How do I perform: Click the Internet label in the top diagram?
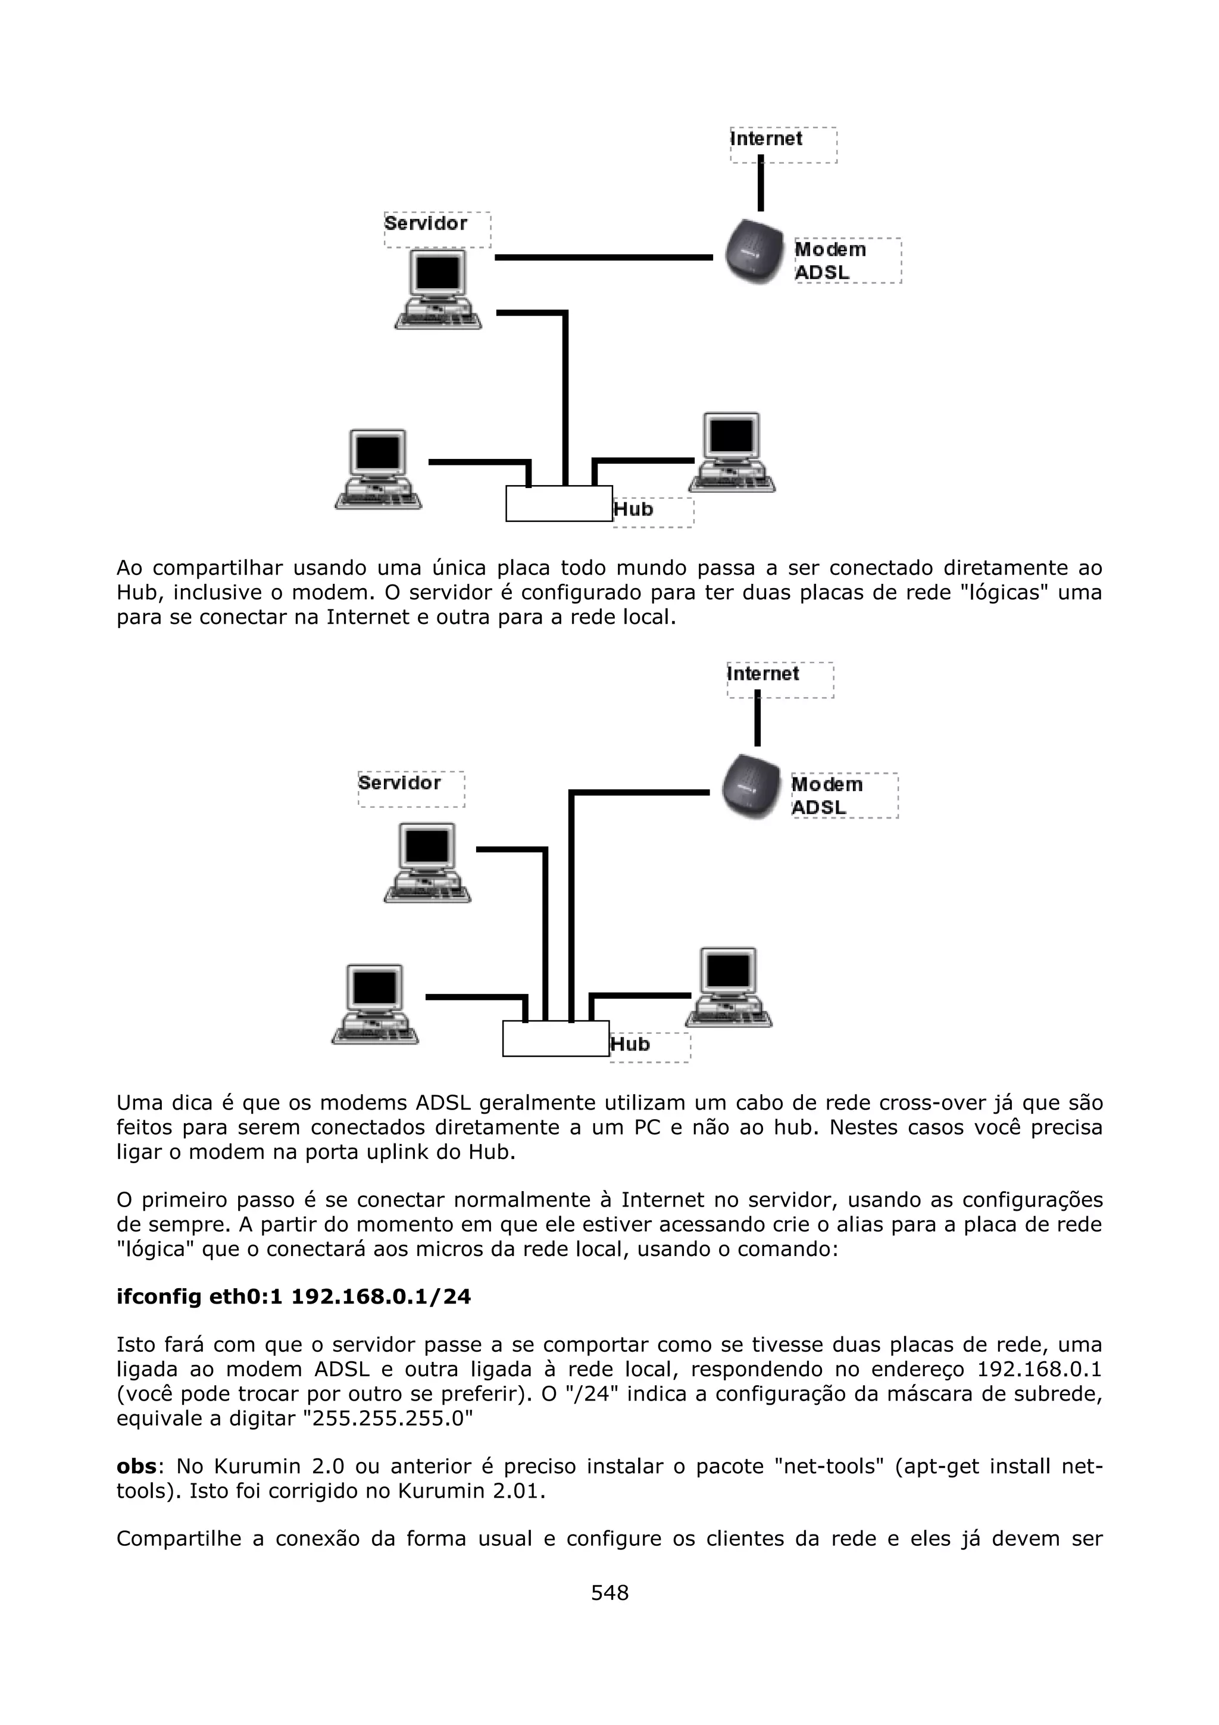pos(766,140)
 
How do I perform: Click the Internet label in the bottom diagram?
pos(763,674)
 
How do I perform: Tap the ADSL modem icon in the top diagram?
pos(755,252)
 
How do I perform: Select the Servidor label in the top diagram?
pos(426,224)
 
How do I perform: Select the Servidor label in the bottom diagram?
pos(399,783)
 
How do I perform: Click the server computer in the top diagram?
pos(438,290)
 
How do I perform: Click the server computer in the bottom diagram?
pos(427,862)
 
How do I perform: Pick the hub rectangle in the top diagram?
pos(559,504)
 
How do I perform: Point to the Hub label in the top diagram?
pos(634,510)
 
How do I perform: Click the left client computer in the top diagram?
pos(378,470)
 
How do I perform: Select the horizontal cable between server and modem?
pos(603,258)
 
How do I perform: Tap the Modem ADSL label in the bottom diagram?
pos(827,796)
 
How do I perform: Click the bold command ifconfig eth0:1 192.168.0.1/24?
pos(293,1298)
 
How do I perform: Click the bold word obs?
pos(136,1467)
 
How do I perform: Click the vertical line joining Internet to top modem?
pos(761,183)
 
